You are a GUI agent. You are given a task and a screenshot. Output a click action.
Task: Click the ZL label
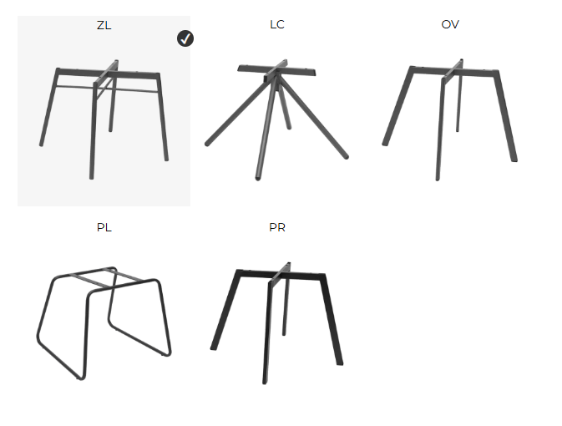pyautogui.click(x=104, y=25)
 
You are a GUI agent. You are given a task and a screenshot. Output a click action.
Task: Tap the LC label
pyautogui.click(x=277, y=24)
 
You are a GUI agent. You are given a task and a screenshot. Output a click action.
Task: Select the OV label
pyautogui.click(x=450, y=24)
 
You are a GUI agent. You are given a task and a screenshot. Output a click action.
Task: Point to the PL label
pyautogui.click(x=104, y=227)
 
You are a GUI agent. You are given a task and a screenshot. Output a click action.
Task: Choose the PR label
pyautogui.click(x=277, y=227)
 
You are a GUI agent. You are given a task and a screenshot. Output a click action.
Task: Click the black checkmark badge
pyautogui.click(x=185, y=38)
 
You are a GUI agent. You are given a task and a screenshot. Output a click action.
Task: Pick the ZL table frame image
pyautogui.click(x=104, y=119)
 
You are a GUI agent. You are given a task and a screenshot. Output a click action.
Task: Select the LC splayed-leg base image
pyautogui.click(x=276, y=119)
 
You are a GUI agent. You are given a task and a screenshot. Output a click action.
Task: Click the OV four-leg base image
pyautogui.click(x=449, y=119)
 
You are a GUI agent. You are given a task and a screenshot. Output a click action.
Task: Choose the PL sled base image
pyautogui.click(x=104, y=323)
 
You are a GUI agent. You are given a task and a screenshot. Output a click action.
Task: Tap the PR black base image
pyautogui.click(x=276, y=323)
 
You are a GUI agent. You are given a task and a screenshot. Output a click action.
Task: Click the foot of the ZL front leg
pyautogui.click(x=91, y=177)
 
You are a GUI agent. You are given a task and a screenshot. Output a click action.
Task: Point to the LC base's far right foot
pyautogui.click(x=346, y=156)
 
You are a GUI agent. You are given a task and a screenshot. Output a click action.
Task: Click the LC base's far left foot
pyautogui.click(x=207, y=144)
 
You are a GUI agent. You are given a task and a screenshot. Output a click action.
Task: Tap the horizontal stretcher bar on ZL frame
pyautogui.click(x=107, y=89)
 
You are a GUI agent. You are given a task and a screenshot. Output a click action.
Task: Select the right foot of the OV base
pyautogui.click(x=514, y=159)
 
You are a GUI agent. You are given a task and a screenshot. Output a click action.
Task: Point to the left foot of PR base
pyautogui.click(x=213, y=347)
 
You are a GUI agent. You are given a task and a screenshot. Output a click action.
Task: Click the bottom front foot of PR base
pyautogui.click(x=265, y=383)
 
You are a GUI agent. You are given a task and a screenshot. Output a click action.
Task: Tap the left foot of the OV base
pyautogui.click(x=385, y=144)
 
